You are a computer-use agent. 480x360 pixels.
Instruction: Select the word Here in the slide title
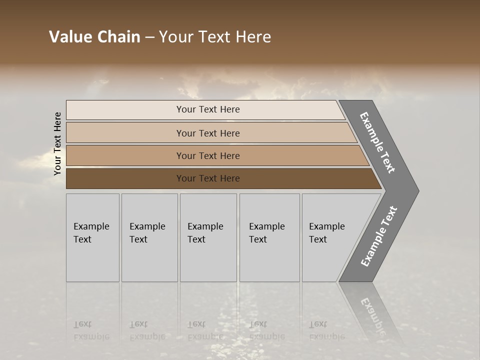[x=253, y=37]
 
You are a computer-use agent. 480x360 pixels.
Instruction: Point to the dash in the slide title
[x=149, y=37]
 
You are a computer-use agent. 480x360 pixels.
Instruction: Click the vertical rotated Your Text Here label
[x=57, y=143]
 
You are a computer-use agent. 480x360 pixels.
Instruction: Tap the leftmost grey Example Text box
[x=92, y=237]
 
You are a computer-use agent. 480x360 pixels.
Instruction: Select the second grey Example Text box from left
[x=149, y=237]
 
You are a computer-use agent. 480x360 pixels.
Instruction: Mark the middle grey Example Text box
[x=208, y=237]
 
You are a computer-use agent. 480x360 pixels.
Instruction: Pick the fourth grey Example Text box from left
[x=269, y=237]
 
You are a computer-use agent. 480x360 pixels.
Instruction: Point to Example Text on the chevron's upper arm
[x=378, y=142]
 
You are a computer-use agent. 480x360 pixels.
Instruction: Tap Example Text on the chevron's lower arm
[x=379, y=236]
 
